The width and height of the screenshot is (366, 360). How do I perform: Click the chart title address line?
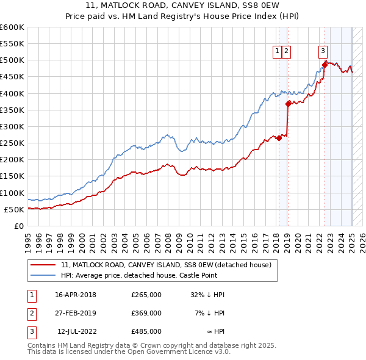[182, 6]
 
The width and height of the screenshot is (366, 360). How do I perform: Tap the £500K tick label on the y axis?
[12, 60]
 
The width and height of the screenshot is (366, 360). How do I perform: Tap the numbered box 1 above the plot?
[278, 52]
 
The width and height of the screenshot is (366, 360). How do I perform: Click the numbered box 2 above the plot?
[287, 52]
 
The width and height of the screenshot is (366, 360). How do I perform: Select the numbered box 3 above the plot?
[323, 52]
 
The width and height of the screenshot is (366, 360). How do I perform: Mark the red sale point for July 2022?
[325, 65]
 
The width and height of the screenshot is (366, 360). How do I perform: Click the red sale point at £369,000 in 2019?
[288, 103]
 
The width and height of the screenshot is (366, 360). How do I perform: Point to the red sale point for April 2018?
[279, 138]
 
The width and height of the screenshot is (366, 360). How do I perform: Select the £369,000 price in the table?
[146, 313]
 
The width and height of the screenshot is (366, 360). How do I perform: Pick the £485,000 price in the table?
[146, 331]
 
